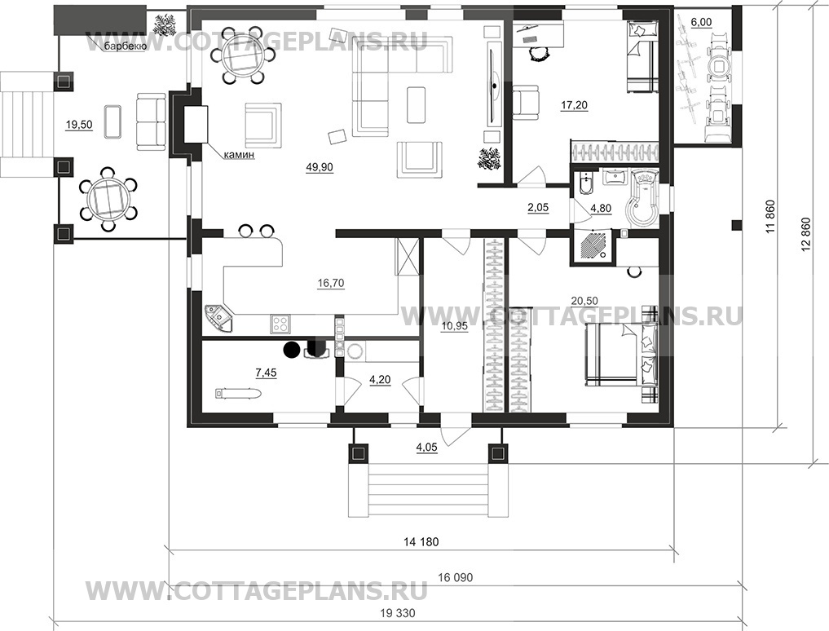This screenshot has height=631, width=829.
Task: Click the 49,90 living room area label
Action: click(320, 167)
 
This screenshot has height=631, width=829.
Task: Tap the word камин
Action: click(239, 155)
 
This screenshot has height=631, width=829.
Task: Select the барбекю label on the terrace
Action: click(121, 46)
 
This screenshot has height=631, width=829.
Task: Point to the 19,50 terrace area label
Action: click(79, 125)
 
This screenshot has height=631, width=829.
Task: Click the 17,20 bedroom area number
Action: click(574, 105)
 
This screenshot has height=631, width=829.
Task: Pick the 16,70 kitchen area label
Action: click(330, 283)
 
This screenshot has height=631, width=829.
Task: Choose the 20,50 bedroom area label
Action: click(584, 301)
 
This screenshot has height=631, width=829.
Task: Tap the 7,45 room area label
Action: click(266, 373)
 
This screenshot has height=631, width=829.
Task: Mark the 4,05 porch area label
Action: click(426, 447)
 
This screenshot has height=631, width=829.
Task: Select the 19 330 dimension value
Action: click(398, 614)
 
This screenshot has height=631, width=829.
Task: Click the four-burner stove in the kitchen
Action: click(280, 324)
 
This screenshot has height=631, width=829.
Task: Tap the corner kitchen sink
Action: click(218, 318)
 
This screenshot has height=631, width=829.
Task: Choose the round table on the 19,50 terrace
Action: click(108, 199)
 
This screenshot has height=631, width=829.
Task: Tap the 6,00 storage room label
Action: click(701, 22)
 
